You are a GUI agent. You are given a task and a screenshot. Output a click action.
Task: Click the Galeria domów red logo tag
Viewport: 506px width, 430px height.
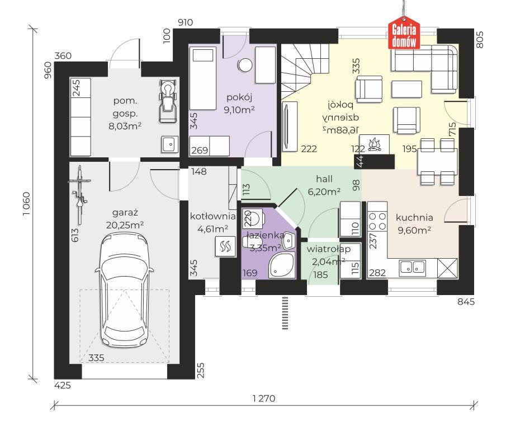click(x=404, y=32)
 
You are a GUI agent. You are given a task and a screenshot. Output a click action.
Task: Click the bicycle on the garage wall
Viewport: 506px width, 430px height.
click(x=79, y=195)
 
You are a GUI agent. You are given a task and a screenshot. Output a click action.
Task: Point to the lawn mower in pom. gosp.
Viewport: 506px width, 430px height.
click(x=168, y=101)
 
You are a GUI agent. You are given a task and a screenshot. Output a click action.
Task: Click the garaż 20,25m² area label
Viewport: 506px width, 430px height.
click(x=125, y=219)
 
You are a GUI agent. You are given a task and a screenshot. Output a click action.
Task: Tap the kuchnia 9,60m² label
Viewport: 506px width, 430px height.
click(x=414, y=223)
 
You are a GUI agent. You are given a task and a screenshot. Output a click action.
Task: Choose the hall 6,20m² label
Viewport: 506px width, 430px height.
click(x=324, y=185)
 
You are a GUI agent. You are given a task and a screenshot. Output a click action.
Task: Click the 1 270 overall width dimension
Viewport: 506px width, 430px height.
click(x=264, y=398)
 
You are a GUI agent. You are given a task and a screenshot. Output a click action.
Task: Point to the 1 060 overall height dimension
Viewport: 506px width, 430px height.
click(x=26, y=204)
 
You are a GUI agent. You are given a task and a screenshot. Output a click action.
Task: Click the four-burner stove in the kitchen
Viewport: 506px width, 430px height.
click(x=377, y=221)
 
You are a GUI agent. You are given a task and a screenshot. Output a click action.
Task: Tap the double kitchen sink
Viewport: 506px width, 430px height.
click(x=412, y=267)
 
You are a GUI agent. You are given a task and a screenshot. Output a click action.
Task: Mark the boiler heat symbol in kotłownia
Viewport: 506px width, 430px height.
click(x=225, y=246)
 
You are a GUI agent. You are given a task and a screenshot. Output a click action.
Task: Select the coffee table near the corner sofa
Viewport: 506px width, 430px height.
click(x=406, y=89)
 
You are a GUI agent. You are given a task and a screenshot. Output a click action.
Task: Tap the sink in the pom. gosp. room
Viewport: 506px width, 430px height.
click(x=170, y=144)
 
